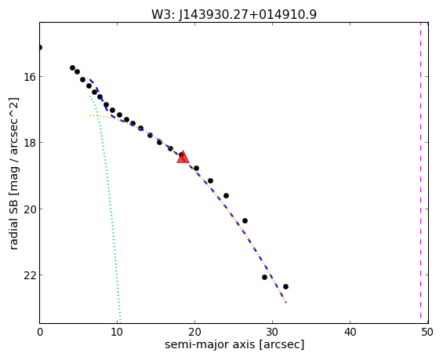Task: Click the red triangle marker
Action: click(x=183, y=158)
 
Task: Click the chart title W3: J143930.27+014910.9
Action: click(x=234, y=14)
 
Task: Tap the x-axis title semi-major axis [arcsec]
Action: click(x=234, y=344)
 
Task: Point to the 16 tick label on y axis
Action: click(x=29, y=77)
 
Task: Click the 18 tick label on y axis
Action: click(x=29, y=143)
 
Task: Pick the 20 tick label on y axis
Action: click(x=29, y=209)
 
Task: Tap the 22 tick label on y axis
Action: click(x=29, y=275)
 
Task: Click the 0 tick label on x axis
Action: click(x=40, y=332)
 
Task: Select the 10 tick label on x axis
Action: click(x=117, y=332)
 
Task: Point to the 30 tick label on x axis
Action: click(x=272, y=332)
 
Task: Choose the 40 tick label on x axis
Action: click(x=350, y=332)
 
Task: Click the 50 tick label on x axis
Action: click(x=427, y=332)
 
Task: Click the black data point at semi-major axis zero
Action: click(x=40, y=48)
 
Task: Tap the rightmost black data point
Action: click(x=285, y=286)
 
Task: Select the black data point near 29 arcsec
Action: click(x=264, y=277)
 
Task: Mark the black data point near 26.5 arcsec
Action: click(x=245, y=220)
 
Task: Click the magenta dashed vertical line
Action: click(x=420, y=173)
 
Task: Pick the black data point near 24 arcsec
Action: click(x=226, y=195)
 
